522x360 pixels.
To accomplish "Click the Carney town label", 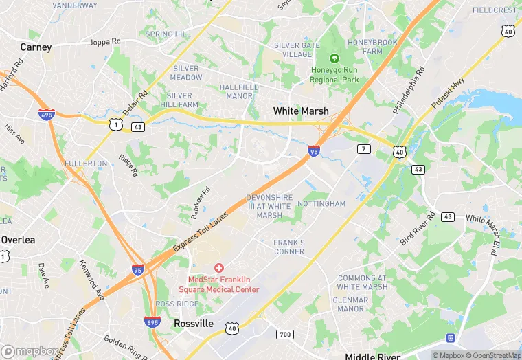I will click(x=36, y=47).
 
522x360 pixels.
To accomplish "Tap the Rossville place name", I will click(x=193, y=323).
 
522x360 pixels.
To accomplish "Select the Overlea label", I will click(x=19, y=240).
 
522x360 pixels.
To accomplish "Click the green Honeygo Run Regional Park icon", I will click(x=334, y=59).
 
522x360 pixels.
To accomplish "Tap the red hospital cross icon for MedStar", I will click(x=219, y=267).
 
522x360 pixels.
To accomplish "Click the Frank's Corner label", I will click(x=289, y=247).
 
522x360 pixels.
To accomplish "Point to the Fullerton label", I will click(x=86, y=164).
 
